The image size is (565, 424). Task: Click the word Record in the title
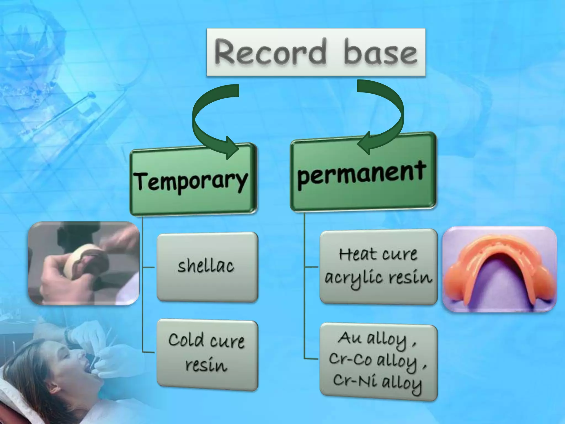point(269,52)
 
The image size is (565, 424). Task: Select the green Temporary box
point(193,179)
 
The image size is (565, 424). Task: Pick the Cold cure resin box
point(207,355)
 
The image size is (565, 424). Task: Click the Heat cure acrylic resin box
point(378,267)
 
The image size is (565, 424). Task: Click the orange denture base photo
point(499,269)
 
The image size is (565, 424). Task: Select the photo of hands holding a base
point(84,263)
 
